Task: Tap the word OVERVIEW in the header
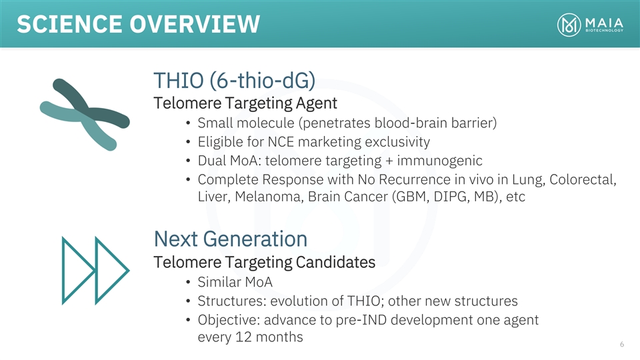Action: pos(195,24)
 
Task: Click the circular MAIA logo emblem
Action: pos(569,25)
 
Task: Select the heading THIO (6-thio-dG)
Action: pos(234,80)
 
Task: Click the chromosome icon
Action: pos(85,114)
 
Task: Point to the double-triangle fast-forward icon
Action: pos(95,270)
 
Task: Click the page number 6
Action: pos(621,344)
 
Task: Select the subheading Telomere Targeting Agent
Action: pos(245,103)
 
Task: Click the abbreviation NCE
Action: pos(281,141)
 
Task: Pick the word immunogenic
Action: pos(439,161)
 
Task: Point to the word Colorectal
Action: pos(583,179)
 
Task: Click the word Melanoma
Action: pos(269,197)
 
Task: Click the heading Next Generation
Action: pos(231,239)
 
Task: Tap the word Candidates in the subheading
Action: pos(335,263)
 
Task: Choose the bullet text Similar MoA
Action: pos(235,282)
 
